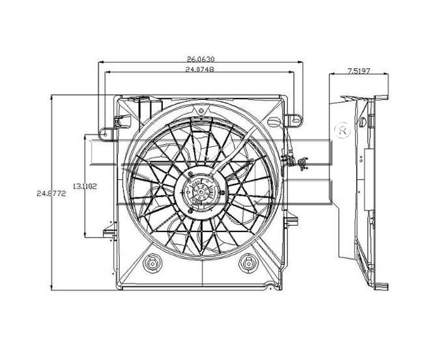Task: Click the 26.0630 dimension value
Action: (x=201, y=59)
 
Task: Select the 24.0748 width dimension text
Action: (x=199, y=70)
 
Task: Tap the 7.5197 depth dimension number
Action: (x=358, y=71)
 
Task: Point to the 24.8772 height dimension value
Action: (x=51, y=194)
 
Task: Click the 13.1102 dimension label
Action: (x=85, y=187)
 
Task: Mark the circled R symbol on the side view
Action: (x=343, y=130)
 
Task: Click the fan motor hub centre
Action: (x=201, y=192)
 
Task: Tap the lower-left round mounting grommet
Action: (x=152, y=263)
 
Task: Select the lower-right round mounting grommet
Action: (x=248, y=263)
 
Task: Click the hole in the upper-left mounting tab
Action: (x=106, y=134)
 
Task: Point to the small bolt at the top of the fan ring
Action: (x=201, y=111)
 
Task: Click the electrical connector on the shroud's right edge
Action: (x=302, y=163)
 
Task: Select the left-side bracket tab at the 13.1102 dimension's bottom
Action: (x=109, y=233)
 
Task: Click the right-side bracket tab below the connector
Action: (x=291, y=220)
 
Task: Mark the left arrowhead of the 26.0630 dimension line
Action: (x=100, y=63)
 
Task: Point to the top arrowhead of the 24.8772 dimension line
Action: (x=51, y=97)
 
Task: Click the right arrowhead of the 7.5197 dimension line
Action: (x=386, y=74)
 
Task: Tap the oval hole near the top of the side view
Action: (x=363, y=122)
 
